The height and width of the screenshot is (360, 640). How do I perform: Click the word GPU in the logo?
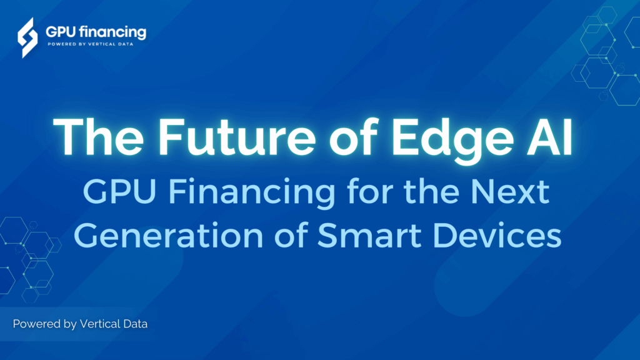tap(61, 32)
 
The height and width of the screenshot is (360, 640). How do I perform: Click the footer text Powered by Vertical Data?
tap(80, 324)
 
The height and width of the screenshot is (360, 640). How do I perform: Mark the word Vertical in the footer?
tap(101, 324)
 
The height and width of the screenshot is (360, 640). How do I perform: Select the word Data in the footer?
tap(136, 324)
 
